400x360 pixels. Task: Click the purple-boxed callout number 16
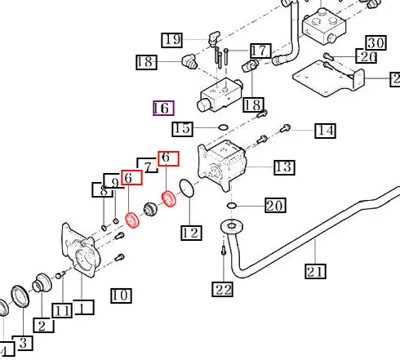click(163, 108)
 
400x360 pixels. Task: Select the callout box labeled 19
click(172, 40)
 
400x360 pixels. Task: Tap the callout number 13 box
click(284, 167)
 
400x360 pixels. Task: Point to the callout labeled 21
click(315, 271)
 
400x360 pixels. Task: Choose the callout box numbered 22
click(223, 289)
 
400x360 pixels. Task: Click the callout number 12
click(192, 233)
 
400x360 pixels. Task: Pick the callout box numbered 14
click(325, 131)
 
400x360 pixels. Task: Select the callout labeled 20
click(276, 205)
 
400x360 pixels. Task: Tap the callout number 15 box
click(183, 129)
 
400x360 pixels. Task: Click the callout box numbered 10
click(122, 296)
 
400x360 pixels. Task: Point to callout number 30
click(376, 42)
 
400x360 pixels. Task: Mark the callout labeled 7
click(147, 165)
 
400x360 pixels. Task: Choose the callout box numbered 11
click(62, 310)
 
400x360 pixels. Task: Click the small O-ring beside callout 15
click(224, 127)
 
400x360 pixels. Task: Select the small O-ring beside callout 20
click(231, 206)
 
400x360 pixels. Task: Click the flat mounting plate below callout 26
click(328, 79)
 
